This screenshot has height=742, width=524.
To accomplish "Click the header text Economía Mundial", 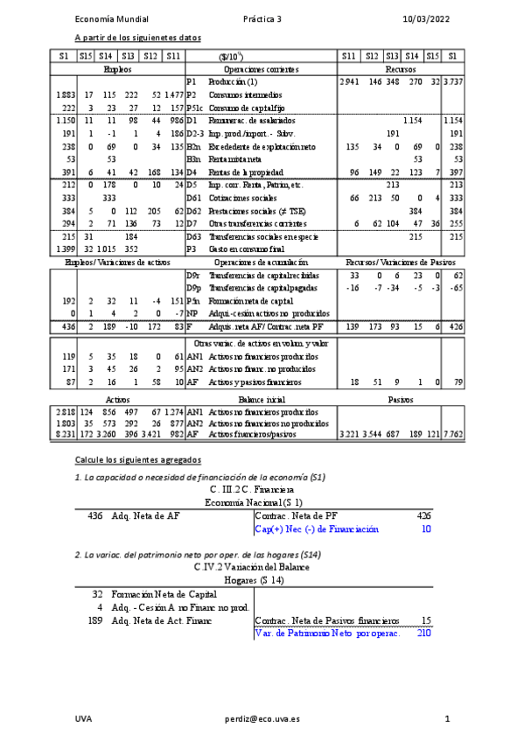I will tap(111, 18).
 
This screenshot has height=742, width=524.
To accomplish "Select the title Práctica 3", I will tap(262, 18).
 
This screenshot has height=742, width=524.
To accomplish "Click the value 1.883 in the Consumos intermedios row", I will tap(64, 94).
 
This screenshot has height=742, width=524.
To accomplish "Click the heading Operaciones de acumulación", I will tap(261, 262).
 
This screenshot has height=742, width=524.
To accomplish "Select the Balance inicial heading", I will tap(261, 397).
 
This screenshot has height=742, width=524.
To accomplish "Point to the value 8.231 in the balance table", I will tap(64, 434).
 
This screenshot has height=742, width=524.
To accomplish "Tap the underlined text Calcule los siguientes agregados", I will tap(138, 459).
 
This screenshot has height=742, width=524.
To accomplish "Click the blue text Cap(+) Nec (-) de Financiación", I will tap(316, 528).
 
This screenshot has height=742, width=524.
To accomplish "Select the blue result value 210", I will tap(424, 633).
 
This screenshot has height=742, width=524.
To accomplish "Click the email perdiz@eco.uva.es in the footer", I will tap(262, 718).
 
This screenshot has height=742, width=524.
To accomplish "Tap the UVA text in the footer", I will tap(83, 718).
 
